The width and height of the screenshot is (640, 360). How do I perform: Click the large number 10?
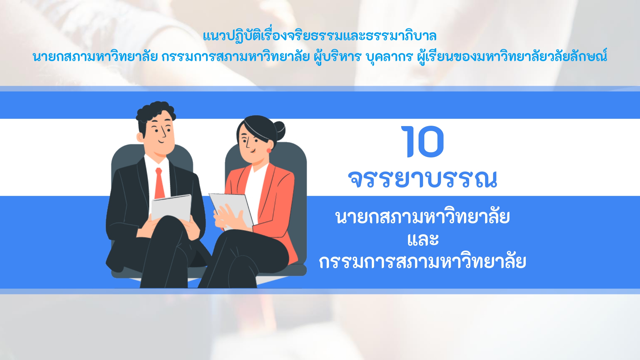click(x=422, y=141)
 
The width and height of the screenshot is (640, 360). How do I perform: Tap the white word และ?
click(x=423, y=239)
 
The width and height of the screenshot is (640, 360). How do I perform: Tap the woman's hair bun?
click(x=279, y=131)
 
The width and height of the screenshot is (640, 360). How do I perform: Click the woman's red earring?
click(x=268, y=150)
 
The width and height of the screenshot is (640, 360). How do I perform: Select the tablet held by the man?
click(x=171, y=208)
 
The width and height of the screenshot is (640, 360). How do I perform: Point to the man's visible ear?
click(x=140, y=137)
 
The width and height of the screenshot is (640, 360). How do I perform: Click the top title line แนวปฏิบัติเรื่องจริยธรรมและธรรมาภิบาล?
click(x=320, y=36)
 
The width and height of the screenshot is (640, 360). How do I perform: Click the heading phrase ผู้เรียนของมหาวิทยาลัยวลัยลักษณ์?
click(x=512, y=56)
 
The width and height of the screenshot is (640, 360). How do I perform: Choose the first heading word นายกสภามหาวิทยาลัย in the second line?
click(x=95, y=57)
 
